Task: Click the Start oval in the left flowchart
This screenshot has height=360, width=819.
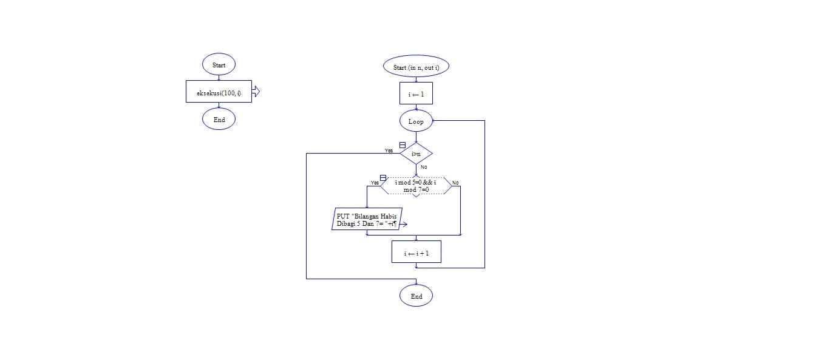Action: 219,64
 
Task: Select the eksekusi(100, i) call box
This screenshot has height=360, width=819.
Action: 219,92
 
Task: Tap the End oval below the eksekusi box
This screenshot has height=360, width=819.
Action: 219,120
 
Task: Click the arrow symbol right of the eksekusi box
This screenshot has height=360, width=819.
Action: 256,92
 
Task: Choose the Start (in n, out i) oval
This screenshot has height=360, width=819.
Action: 416,67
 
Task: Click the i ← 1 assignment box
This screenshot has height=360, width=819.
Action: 416,94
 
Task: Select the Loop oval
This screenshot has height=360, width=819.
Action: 416,121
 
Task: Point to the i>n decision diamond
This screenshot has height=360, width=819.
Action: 416,154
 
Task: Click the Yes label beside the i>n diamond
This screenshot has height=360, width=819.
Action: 389,150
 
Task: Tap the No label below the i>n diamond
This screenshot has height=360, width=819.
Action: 424,166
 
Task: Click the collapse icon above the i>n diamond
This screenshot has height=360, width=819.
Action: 402,145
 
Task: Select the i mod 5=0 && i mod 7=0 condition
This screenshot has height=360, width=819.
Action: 416,186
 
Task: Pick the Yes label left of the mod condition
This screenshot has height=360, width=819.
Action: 375,182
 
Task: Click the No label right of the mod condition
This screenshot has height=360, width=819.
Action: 455,182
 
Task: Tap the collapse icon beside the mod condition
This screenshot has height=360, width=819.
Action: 382,177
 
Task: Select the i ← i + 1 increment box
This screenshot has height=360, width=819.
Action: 416,253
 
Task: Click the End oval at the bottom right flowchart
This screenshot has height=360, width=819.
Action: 416,296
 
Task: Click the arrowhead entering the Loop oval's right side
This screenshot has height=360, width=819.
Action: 434,121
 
